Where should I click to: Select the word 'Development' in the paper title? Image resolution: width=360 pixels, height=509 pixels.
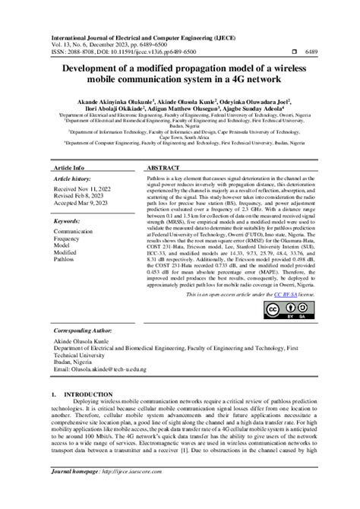80,68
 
